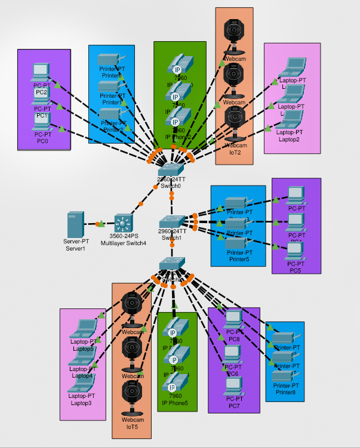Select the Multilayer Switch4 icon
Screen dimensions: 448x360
[x=123, y=224]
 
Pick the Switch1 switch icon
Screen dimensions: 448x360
[x=172, y=221]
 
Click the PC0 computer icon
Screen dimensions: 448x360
[x=42, y=122]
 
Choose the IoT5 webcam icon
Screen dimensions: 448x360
[x=131, y=396]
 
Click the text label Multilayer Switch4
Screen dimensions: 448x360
[x=124, y=243]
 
